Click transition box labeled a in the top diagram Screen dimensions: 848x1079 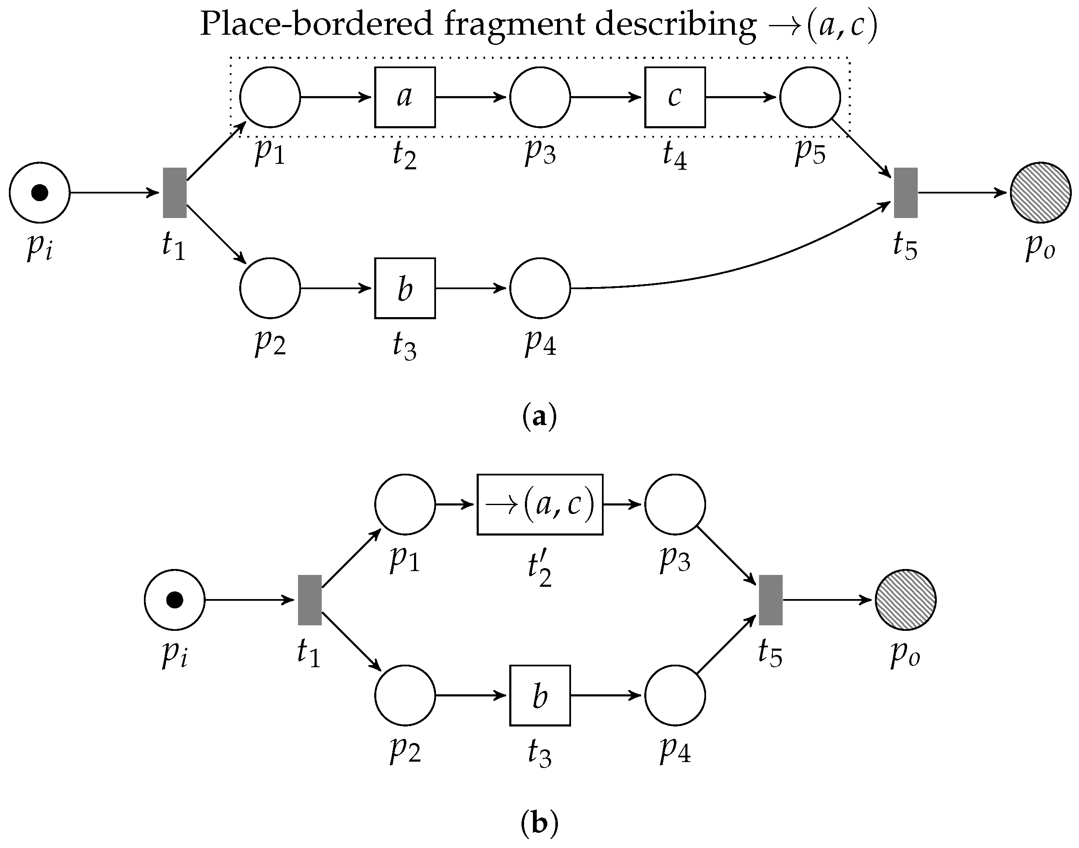[405, 97]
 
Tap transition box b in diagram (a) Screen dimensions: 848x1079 [405, 288]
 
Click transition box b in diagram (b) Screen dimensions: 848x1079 [540, 695]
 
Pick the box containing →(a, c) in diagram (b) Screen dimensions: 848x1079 [540, 504]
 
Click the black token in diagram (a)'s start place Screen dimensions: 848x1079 [40, 192]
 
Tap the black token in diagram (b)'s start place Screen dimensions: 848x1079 [174, 600]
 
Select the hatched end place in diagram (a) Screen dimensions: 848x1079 [1040, 192]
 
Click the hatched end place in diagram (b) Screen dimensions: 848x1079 [905, 600]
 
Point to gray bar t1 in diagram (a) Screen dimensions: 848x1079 [175, 192]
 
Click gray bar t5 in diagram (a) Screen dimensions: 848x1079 [905, 192]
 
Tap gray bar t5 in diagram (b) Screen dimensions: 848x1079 [770, 600]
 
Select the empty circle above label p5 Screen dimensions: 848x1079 [810, 97]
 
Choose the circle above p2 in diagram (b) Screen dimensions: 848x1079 [405, 695]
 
